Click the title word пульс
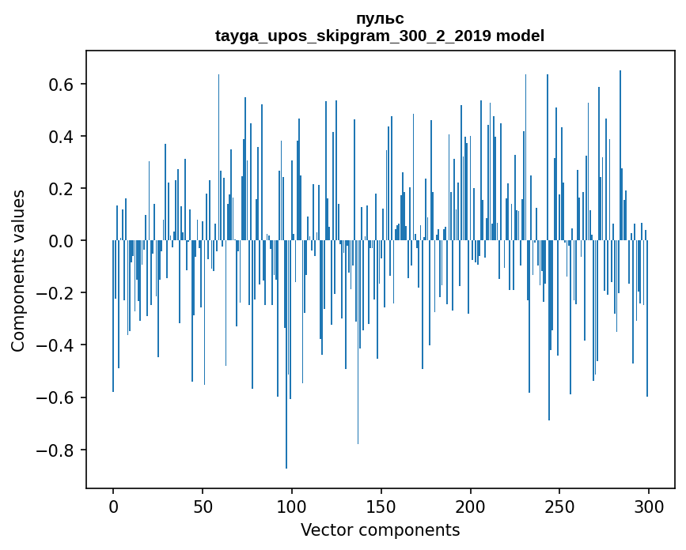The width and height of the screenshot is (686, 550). (x=380, y=19)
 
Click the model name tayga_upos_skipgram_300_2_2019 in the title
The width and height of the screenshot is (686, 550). (x=353, y=36)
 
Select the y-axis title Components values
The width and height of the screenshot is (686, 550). (x=18, y=270)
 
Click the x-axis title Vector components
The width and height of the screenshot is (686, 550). (x=380, y=529)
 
